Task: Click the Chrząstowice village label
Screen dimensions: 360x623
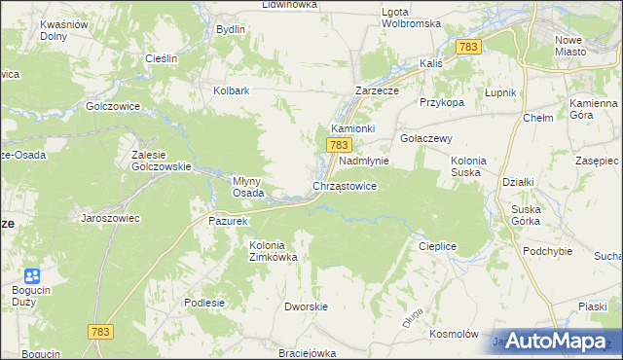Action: pos(345,185)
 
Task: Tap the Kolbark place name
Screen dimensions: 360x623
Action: pos(233,91)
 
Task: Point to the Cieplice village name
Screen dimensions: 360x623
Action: pos(437,247)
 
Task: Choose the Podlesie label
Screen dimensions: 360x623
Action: pos(204,303)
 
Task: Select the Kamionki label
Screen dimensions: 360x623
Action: pos(353,128)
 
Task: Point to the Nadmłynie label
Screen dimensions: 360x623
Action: pos(364,161)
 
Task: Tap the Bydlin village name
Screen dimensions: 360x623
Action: pos(231,29)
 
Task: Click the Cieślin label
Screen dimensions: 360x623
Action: pos(161,58)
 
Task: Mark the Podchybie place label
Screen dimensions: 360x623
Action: pos(547,251)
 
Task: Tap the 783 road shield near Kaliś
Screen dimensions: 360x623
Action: pos(469,47)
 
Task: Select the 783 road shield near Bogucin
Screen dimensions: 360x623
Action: pos(100,332)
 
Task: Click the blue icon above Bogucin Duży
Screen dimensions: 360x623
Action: pos(32,277)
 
